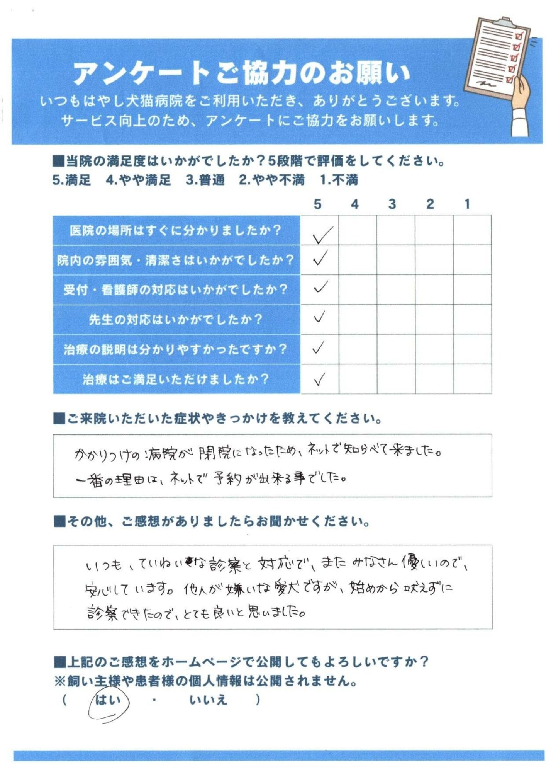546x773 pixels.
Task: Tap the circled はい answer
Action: point(108,700)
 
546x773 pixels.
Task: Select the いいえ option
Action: point(208,700)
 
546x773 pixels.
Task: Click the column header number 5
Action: point(317,204)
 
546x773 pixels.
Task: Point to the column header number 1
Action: point(467,204)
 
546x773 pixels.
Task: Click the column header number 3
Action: point(392,204)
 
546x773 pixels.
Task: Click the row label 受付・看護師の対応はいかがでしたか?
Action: point(176,289)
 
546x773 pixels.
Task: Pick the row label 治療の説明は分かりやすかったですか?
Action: point(176,349)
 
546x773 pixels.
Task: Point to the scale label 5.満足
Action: point(72,180)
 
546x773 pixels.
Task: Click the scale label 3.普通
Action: point(205,180)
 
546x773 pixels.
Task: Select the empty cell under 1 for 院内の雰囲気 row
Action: point(472,260)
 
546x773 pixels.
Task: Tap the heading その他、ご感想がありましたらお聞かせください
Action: point(218,521)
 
